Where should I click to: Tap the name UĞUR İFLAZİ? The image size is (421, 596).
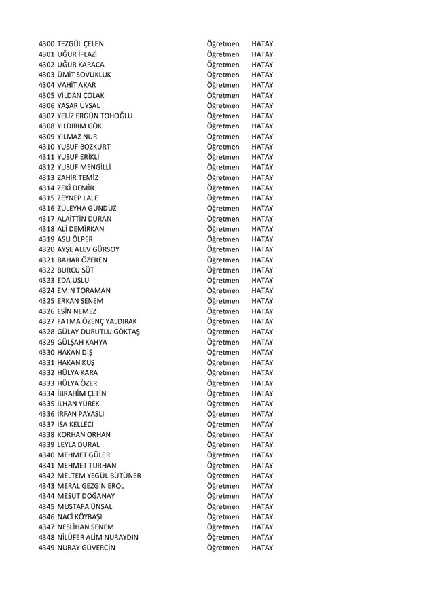point(80,54)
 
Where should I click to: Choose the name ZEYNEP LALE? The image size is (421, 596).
point(82,198)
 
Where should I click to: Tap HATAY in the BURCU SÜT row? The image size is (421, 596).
point(261,270)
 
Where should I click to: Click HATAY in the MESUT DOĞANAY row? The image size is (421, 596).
point(261,495)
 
